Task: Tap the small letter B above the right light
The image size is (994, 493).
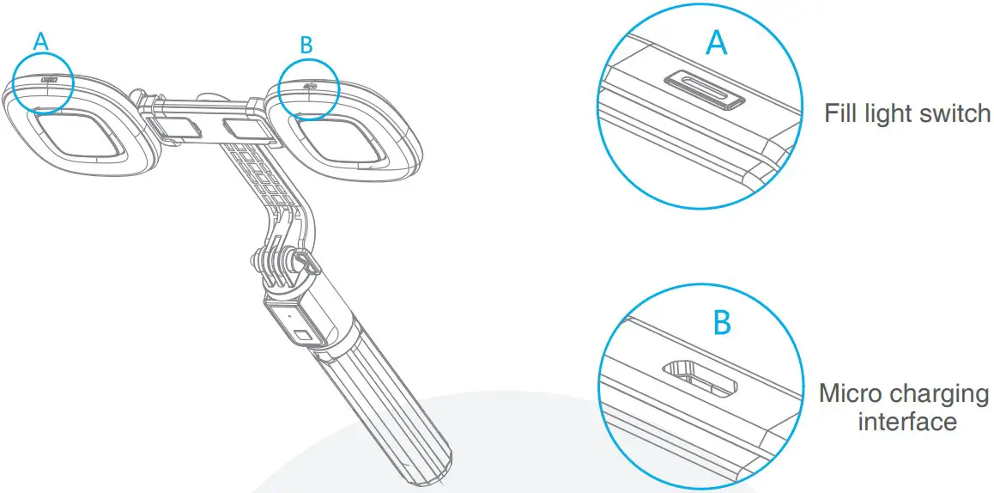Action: pos(306,46)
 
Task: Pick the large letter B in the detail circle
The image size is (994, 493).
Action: pos(723,323)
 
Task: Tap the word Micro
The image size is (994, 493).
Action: pos(852,393)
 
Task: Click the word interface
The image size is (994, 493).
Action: pos(906,422)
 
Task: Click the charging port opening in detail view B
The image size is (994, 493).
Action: pos(700,379)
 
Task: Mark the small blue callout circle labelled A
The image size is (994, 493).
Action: pos(42,82)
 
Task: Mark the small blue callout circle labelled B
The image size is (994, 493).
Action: pos(309,89)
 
